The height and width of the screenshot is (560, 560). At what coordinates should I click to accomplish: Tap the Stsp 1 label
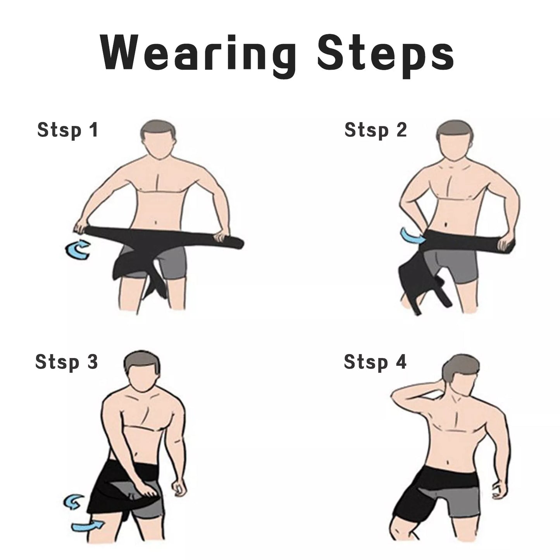pyautogui.click(x=67, y=130)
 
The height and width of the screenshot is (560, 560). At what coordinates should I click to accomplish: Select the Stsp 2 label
pyautogui.click(x=375, y=130)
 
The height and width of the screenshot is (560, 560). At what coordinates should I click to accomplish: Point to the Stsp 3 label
pyautogui.click(x=66, y=362)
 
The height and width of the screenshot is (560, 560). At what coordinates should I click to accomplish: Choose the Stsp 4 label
pyautogui.click(x=375, y=362)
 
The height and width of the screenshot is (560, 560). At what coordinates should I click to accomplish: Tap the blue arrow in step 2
pyautogui.click(x=412, y=235)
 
